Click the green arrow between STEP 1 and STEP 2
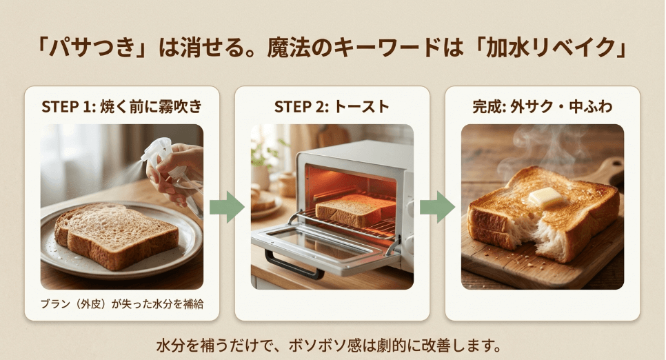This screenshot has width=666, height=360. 226,207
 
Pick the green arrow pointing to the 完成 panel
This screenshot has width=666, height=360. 436,207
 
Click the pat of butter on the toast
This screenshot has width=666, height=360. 545,197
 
